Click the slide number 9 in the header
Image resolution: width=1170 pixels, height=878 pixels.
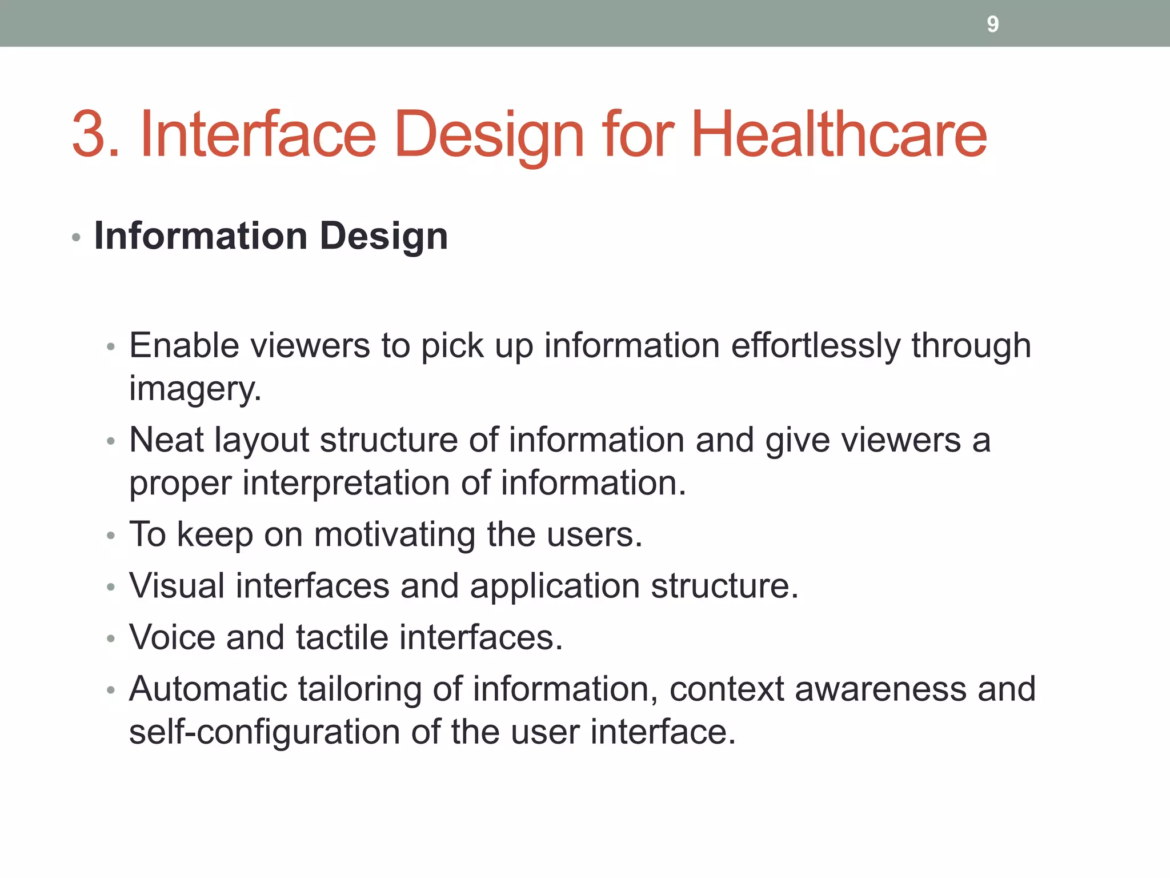click(x=992, y=24)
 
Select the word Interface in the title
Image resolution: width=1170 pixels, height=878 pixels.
click(x=258, y=134)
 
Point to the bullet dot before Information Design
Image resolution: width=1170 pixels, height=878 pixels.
click(x=77, y=237)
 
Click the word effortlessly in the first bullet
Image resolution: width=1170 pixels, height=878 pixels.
click(x=815, y=345)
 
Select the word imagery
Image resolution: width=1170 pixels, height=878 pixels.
click(x=195, y=389)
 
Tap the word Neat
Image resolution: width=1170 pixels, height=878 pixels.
click(x=166, y=440)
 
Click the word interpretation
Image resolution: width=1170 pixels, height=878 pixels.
click(x=346, y=482)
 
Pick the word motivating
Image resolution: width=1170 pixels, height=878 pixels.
click(x=394, y=534)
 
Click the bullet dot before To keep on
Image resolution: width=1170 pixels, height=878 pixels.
click(x=111, y=536)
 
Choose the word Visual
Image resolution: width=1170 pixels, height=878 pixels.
click(x=177, y=586)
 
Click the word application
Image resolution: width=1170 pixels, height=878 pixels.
click(x=554, y=586)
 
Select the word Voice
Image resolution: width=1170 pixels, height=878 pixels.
click(x=172, y=637)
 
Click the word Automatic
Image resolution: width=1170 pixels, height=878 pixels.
click(x=208, y=689)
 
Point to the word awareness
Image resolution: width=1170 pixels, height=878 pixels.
click(x=880, y=689)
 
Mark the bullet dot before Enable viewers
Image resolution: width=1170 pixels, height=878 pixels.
click(x=111, y=347)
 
